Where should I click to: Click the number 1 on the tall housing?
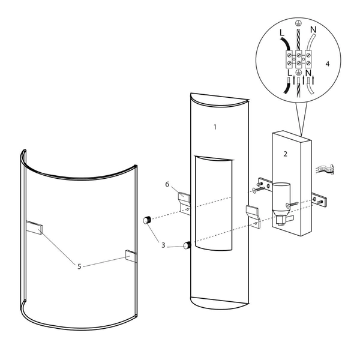[214, 127]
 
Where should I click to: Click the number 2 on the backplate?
[286, 154]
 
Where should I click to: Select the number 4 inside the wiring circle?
[328, 63]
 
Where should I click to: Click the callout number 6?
[167, 184]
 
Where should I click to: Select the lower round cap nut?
[186, 245]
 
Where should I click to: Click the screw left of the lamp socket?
[256, 191]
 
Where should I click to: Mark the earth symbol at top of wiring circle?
[297, 23]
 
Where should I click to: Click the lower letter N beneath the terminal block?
[308, 75]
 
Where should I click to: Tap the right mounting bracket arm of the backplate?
[320, 200]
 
